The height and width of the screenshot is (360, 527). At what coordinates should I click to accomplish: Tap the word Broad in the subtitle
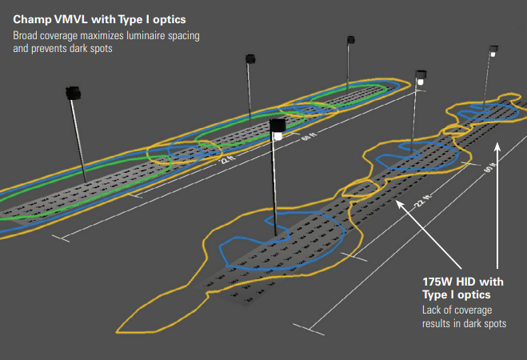pos(26,36)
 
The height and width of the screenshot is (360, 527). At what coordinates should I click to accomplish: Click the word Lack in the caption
pos(433,310)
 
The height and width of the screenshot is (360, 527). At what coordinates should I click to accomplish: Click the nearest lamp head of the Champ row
pos(74,93)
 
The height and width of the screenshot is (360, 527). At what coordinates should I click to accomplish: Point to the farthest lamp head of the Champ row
pos(350,39)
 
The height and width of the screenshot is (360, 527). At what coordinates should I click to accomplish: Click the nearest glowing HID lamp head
pos(277,129)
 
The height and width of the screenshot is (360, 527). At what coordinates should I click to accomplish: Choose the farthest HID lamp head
pos(493,53)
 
